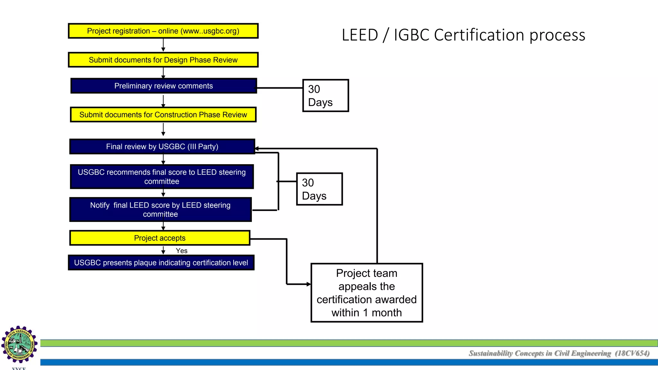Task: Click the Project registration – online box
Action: pyautogui.click(x=163, y=31)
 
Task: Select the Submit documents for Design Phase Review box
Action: pyautogui.click(x=163, y=60)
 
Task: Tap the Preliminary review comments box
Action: pyautogui.click(x=164, y=86)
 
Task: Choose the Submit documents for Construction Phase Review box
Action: pyautogui.click(x=163, y=115)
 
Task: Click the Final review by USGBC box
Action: pyautogui.click(x=162, y=146)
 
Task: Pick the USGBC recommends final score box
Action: pyautogui.click(x=162, y=177)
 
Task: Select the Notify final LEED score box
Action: pyautogui.click(x=160, y=209)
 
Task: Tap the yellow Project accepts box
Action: pyautogui.click(x=160, y=238)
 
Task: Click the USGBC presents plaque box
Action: pyautogui.click(x=161, y=263)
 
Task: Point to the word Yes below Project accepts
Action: pyautogui.click(x=182, y=251)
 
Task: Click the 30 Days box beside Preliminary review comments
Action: pyautogui.click(x=325, y=96)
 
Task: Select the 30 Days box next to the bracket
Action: pyautogui.click(x=319, y=189)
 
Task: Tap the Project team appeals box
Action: pyautogui.click(x=367, y=293)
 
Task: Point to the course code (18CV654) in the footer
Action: pyautogui.click(x=632, y=353)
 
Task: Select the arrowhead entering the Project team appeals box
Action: pyautogui.click(x=308, y=284)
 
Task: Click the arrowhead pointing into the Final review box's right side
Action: pyautogui.click(x=257, y=149)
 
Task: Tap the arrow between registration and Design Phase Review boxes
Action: pyautogui.click(x=163, y=45)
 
